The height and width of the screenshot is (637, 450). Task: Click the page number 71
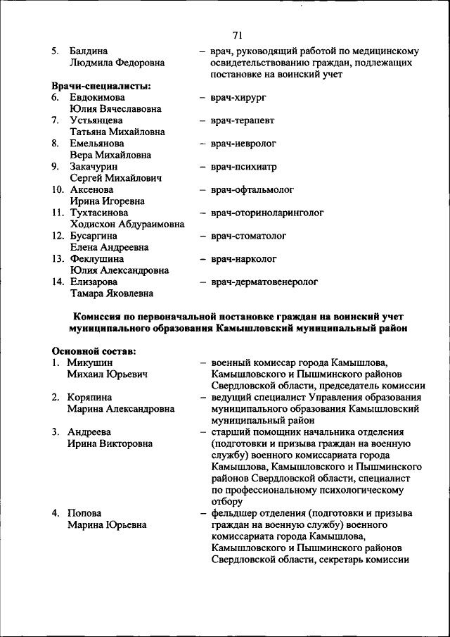tap(238, 36)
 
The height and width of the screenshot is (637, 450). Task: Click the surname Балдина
tap(89, 51)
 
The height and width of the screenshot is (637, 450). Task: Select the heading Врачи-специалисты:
tap(101, 86)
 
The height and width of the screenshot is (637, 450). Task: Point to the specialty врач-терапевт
tap(242, 120)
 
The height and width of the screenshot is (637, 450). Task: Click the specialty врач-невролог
tap(243, 144)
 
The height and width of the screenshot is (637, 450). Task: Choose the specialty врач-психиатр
tap(243, 167)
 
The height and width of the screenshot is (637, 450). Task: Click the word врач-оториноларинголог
tap(266, 213)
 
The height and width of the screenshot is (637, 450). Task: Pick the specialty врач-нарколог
tap(243, 259)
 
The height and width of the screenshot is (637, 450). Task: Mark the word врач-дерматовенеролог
tap(264, 282)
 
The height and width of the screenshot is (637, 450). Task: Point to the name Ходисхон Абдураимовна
tap(127, 224)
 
